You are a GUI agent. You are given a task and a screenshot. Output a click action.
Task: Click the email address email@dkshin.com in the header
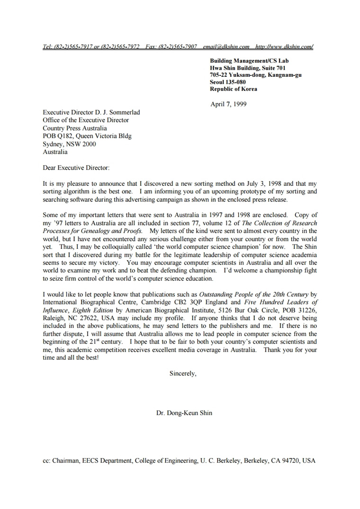[226, 47]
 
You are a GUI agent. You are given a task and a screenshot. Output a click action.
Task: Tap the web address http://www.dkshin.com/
[284, 47]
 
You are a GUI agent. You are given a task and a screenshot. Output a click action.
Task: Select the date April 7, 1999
[228, 104]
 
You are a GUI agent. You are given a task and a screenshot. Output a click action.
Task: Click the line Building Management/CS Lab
[249, 61]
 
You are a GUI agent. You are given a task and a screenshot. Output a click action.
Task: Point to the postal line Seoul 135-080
[228, 82]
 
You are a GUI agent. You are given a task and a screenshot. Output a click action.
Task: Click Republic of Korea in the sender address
[234, 89]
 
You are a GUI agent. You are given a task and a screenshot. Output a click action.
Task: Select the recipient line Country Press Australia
[75, 128]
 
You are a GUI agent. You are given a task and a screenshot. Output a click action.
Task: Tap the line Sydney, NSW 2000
[69, 144]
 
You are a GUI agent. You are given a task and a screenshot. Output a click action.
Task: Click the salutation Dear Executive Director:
[76, 168]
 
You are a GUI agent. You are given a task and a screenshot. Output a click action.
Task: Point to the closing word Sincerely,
[183, 373]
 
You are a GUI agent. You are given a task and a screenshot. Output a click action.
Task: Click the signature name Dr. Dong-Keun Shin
[184, 413]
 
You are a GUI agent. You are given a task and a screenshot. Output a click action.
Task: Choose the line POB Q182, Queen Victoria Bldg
[87, 136]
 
